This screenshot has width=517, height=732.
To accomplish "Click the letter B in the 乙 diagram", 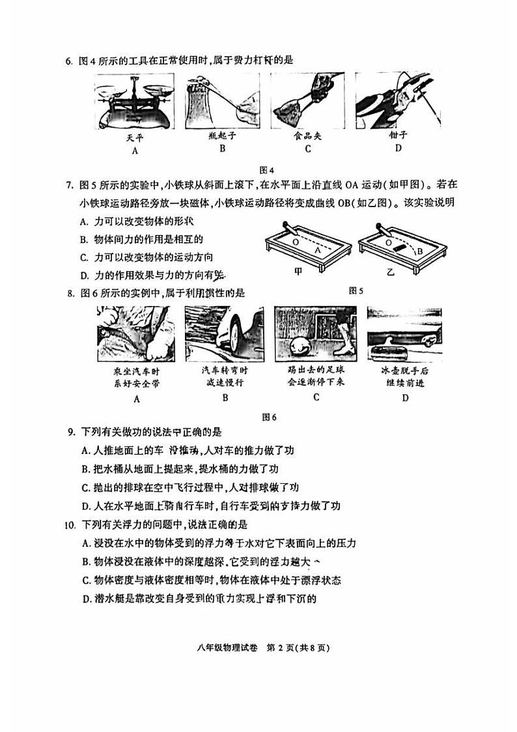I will tap(420, 250).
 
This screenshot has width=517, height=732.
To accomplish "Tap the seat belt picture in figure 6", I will tap(136, 334).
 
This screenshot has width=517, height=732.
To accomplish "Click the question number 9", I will tap(70, 432).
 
